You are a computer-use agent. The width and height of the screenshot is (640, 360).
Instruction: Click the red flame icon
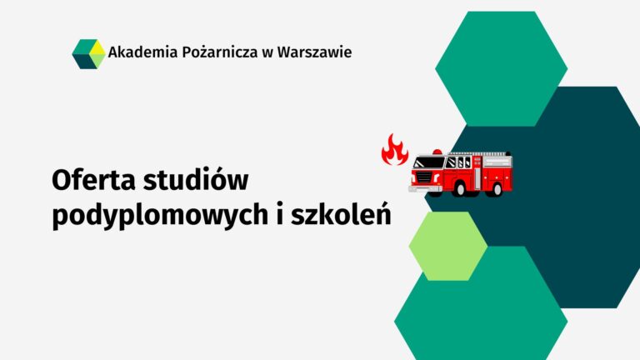pos(395,149)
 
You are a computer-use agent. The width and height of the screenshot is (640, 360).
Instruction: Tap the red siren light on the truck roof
pos(437,152)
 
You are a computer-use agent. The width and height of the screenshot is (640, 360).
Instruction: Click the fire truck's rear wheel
pos(497,189)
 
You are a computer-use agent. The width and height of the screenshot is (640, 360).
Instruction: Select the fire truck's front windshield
pos(428,162)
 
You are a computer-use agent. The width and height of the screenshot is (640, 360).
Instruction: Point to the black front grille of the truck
pos(424,177)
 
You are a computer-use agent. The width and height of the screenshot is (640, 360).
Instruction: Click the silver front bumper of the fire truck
pos(425,188)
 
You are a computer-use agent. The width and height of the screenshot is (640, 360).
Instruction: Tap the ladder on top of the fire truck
pos(480,154)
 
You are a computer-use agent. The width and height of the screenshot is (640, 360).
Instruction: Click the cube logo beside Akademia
pos(88,54)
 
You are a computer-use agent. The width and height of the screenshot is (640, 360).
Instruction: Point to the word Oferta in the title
pos(93,180)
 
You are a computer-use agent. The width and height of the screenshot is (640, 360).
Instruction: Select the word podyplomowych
pos(160,216)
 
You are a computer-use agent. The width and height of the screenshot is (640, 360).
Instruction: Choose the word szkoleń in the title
pos(341,214)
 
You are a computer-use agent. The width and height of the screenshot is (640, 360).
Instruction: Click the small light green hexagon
pos(448,246)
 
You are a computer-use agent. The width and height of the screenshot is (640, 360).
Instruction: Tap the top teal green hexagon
pos(501,68)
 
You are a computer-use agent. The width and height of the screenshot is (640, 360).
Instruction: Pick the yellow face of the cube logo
pos(97,47)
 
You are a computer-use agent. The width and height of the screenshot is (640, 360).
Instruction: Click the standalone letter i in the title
pos(280,214)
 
